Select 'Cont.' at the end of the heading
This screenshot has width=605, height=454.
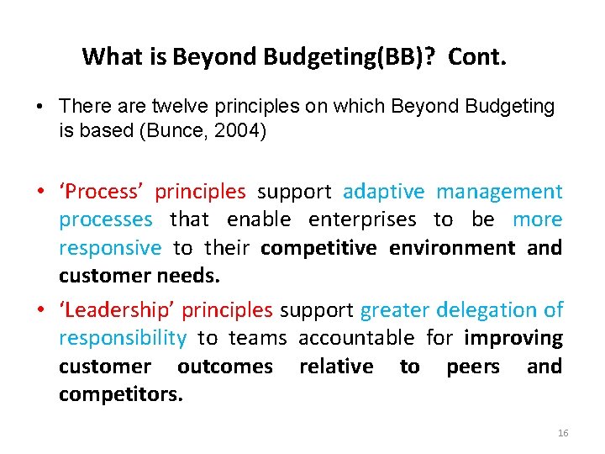[477, 57]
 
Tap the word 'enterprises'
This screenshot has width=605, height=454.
[362, 220]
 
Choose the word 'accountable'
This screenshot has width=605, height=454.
[356, 338]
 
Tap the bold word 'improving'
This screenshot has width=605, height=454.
[513, 338]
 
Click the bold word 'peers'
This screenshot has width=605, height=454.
[472, 367]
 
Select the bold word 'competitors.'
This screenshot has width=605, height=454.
[121, 394]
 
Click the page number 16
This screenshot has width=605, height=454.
[562, 433]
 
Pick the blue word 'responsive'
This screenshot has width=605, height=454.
[110, 248]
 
